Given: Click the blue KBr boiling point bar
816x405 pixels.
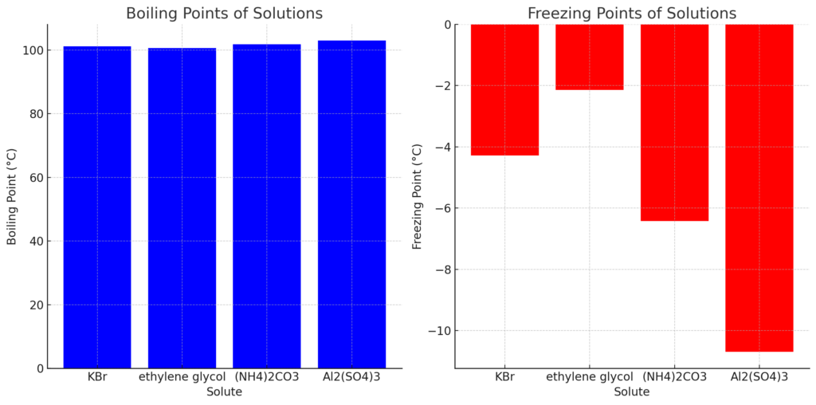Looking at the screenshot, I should click(x=97, y=207).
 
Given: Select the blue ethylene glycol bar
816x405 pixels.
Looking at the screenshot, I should click(x=182, y=208).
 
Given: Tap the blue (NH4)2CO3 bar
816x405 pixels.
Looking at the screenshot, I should click(x=267, y=206).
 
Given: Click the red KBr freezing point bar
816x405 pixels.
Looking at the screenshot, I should click(x=504, y=89).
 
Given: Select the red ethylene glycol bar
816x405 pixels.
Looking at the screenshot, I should click(x=590, y=57).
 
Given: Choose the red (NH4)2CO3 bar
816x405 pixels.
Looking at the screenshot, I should click(x=674, y=122).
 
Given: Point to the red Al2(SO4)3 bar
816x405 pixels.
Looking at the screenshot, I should click(x=759, y=187).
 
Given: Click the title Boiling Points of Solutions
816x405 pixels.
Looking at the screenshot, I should click(x=224, y=14).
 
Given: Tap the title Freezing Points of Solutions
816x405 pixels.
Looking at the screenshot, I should click(x=632, y=14).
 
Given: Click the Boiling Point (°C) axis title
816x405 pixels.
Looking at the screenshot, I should click(x=12, y=196).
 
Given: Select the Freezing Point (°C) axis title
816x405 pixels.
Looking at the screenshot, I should click(x=417, y=196).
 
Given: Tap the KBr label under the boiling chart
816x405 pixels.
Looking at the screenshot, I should click(x=97, y=377).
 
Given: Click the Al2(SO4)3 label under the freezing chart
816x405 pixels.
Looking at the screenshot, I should click(x=759, y=377).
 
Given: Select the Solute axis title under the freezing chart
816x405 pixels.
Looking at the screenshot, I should click(x=632, y=392).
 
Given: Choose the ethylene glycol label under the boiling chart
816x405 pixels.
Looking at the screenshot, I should click(x=182, y=377).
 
